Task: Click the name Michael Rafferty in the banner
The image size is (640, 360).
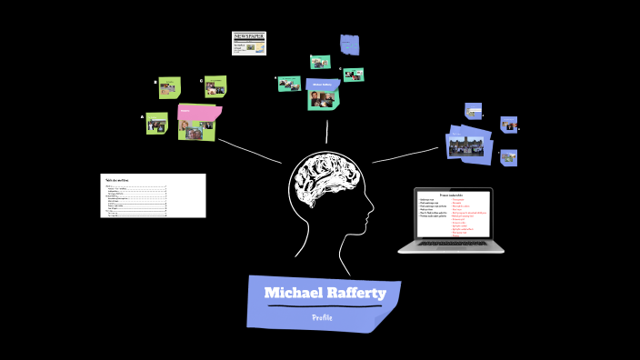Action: click(325, 293)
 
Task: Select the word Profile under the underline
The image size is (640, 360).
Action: click(322, 317)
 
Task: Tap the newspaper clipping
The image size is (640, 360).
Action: click(248, 43)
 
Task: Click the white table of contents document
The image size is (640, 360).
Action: click(153, 195)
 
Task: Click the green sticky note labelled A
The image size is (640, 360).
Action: click(156, 123)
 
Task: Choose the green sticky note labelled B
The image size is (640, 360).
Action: click(168, 87)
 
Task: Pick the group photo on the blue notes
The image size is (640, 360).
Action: click(468, 145)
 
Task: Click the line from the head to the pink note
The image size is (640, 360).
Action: click(250, 152)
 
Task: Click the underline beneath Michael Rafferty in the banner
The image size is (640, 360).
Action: click(323, 306)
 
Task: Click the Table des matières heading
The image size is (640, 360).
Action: click(116, 180)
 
